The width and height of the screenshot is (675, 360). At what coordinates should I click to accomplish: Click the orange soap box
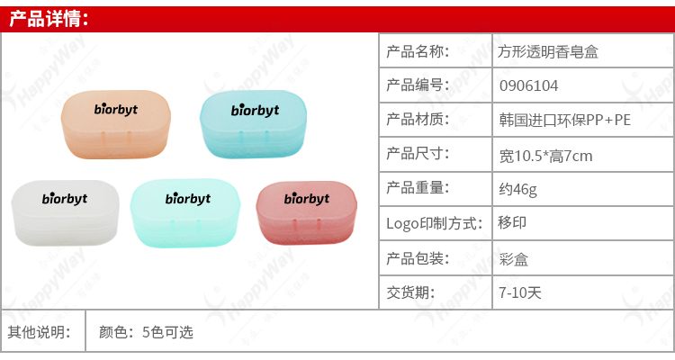[115, 124]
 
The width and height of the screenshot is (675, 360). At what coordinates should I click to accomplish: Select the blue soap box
[253, 124]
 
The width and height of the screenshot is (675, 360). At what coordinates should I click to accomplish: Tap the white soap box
[65, 212]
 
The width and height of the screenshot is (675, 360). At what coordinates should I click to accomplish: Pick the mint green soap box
[185, 213]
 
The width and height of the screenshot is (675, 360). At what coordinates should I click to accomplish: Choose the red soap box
[307, 212]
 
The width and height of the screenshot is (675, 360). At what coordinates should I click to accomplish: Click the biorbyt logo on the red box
[307, 199]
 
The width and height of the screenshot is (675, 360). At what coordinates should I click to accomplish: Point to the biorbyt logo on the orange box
[116, 110]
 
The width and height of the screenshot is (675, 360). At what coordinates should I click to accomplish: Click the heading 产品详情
[49, 19]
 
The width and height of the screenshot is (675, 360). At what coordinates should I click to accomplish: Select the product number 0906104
[528, 85]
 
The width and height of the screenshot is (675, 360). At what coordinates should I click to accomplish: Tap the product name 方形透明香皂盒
[548, 51]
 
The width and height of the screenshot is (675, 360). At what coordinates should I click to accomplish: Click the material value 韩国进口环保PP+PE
[564, 120]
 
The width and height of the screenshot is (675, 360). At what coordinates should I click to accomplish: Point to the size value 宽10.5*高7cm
[545, 156]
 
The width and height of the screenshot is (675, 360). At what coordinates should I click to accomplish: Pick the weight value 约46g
[517, 189]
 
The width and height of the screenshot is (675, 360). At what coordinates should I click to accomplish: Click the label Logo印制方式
[435, 223]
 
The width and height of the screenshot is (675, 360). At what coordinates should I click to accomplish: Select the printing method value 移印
[512, 222]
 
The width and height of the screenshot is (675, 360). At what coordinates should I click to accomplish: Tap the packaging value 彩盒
[514, 259]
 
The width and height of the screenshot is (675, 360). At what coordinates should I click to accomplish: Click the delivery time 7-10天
[520, 292]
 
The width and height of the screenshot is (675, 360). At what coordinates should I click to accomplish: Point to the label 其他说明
[40, 332]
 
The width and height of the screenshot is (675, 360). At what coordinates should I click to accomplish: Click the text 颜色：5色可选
[146, 332]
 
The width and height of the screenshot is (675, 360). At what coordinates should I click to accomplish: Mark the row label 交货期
[410, 292]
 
